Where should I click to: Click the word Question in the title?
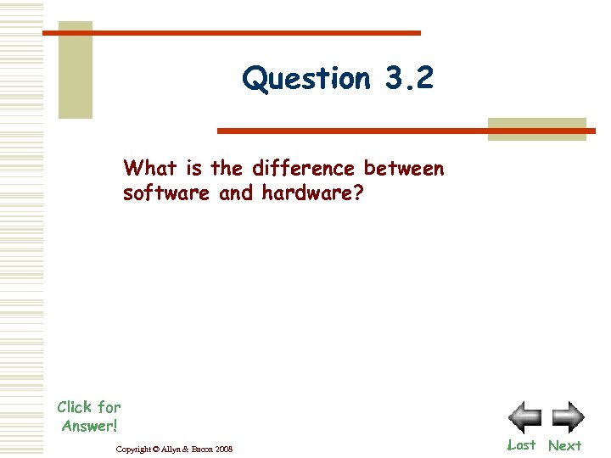pos(306,79)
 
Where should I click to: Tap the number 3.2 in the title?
pos(409,78)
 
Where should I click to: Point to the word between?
pos(404,167)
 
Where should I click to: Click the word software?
pos(167,193)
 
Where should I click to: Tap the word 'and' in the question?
pos(236,193)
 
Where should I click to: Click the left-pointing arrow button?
pos(524,417)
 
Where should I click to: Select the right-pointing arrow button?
pos(568,417)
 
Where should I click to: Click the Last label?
pos(521,444)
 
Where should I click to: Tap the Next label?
pos(564,445)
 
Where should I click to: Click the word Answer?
pos(89,425)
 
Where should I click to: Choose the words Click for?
pos(89,407)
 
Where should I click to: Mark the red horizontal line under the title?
pos(406,131)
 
